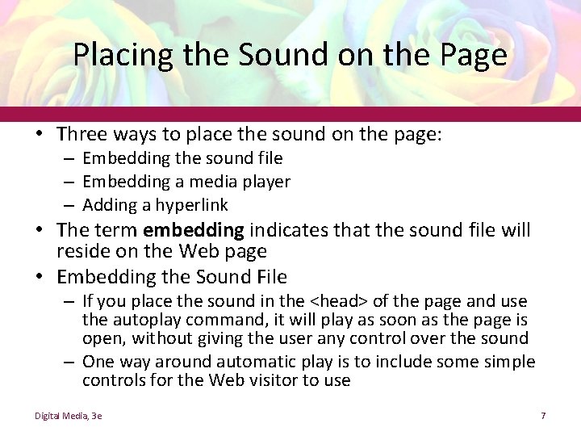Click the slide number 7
click(544, 416)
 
